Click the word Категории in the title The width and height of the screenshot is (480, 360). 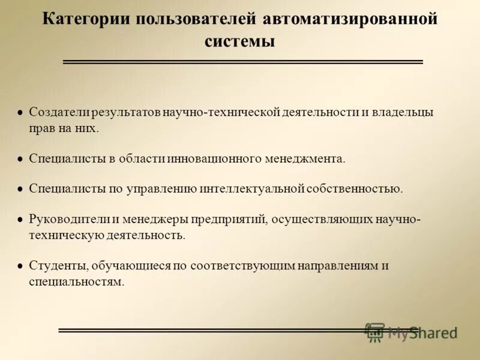pyautogui.click(x=86, y=19)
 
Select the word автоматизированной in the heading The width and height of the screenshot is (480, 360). pyautogui.click(x=350, y=19)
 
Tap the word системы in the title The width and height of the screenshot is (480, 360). pyautogui.click(x=239, y=41)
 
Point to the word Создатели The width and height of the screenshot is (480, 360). pyautogui.click(x=58, y=112)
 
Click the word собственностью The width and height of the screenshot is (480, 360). pyautogui.click(x=355, y=188)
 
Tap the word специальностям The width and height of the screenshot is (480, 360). pyautogui.click(x=76, y=281)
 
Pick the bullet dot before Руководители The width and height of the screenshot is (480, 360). pyautogui.click(x=20, y=220)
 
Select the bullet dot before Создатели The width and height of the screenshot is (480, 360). pyautogui.click(x=20, y=113)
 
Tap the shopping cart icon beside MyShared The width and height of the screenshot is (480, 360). pyautogui.click(x=375, y=332)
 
